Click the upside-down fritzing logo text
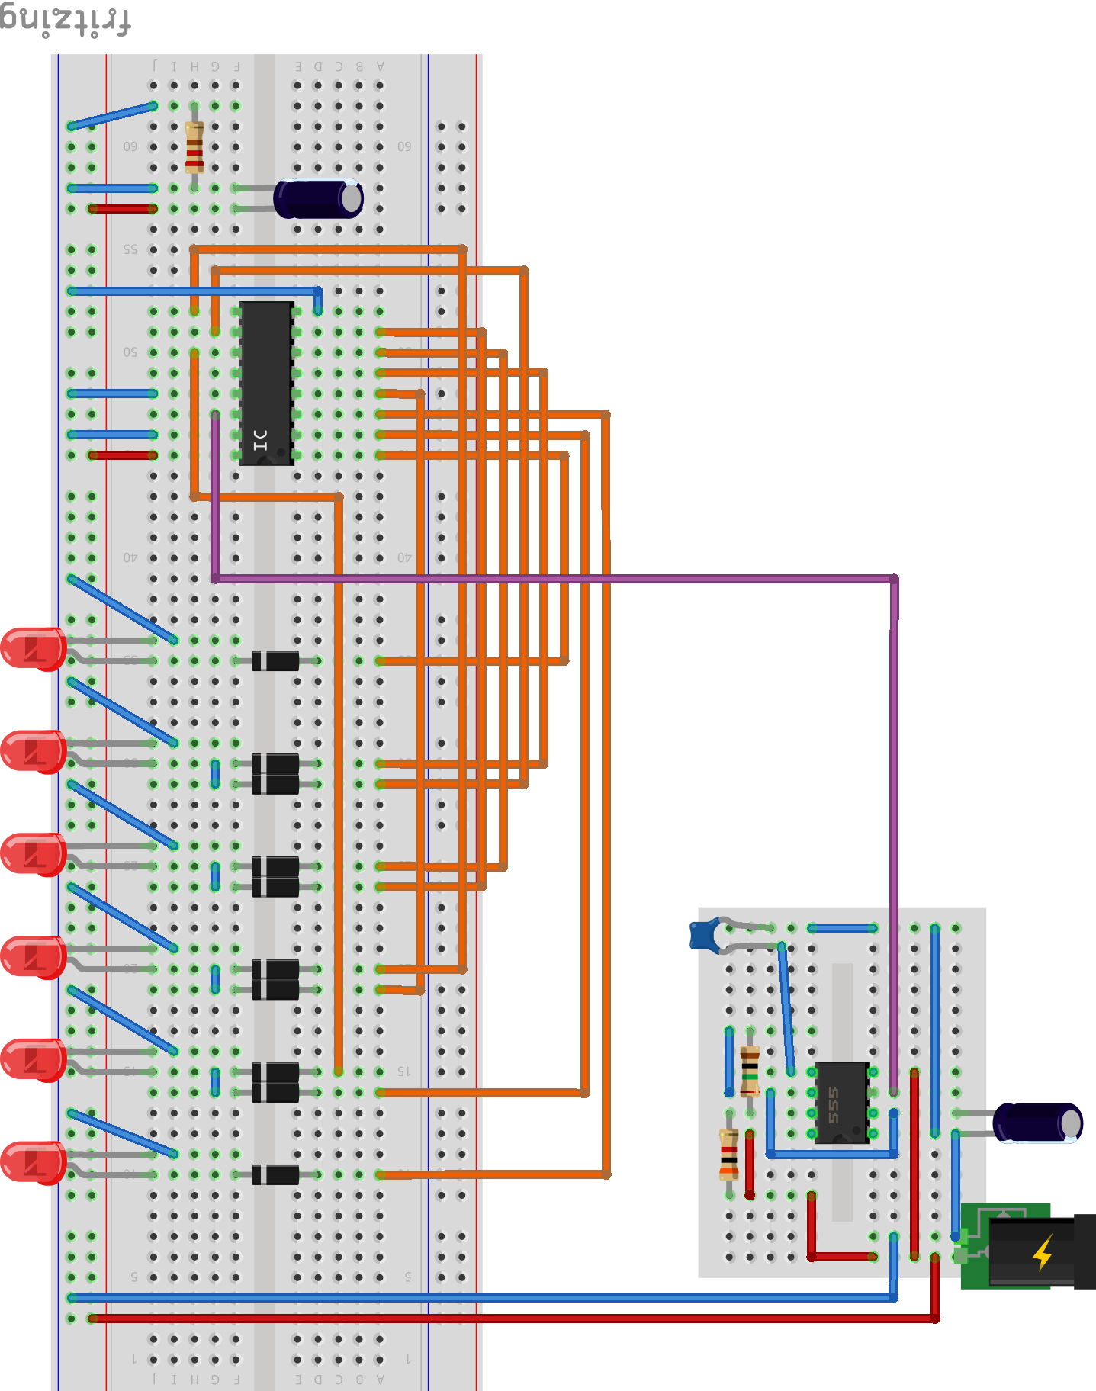click(65, 21)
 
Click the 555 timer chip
click(841, 1103)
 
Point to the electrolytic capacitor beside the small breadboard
click(1037, 1123)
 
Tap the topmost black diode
click(275, 660)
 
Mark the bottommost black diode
click(275, 1174)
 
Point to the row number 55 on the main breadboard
click(130, 249)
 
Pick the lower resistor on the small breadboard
click(729, 1154)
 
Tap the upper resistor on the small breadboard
click(750, 1071)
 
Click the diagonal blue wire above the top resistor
click(112, 115)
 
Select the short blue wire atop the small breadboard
click(843, 928)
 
